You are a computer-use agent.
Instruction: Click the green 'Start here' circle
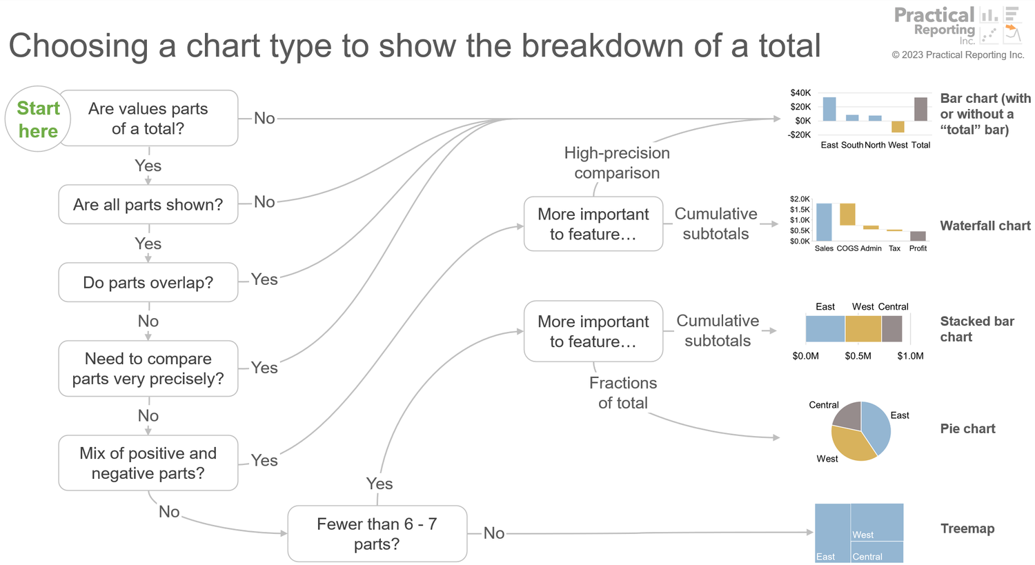click(x=38, y=119)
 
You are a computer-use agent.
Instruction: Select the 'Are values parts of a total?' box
click(x=148, y=119)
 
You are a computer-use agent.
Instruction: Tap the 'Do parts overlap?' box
click(x=148, y=283)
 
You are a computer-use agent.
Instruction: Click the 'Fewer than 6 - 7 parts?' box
click(x=377, y=534)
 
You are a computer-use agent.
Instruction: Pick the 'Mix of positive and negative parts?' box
click(x=148, y=463)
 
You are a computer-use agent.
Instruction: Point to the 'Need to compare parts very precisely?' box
click(x=148, y=368)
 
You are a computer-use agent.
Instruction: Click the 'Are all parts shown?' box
click(x=148, y=205)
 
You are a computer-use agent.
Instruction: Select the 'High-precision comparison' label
click(x=617, y=163)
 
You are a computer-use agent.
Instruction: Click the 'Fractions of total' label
click(x=622, y=393)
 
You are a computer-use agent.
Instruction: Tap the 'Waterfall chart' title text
click(x=985, y=226)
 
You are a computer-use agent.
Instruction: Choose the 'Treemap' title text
click(x=967, y=528)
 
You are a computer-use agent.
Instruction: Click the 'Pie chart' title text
click(x=967, y=428)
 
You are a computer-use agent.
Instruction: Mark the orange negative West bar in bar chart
click(x=898, y=127)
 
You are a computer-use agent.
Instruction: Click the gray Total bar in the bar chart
click(x=920, y=109)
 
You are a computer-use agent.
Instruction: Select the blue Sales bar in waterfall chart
click(x=824, y=222)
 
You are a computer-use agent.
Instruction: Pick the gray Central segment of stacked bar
click(x=891, y=329)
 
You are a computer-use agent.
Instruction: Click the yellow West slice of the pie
click(x=851, y=445)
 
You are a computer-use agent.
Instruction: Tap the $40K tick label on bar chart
click(x=800, y=92)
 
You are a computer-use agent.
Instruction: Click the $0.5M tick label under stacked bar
click(x=858, y=356)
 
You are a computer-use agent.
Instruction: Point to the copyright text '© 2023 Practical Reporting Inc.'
click(x=958, y=55)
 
